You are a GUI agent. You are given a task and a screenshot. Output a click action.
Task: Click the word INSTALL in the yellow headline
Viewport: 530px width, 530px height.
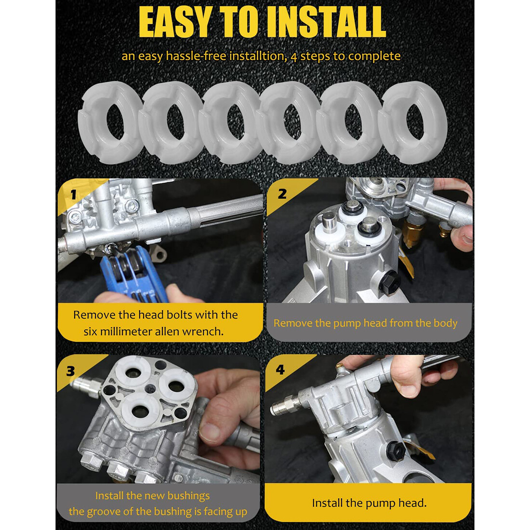click(326, 22)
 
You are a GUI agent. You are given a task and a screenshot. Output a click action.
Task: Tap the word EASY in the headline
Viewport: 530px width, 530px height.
click(176, 22)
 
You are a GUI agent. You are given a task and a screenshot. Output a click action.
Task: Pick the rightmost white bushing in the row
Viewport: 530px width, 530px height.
click(413, 122)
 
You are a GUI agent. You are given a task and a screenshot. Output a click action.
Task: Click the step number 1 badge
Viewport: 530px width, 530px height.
click(73, 194)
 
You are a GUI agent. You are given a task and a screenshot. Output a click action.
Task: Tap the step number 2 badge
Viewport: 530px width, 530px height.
click(282, 194)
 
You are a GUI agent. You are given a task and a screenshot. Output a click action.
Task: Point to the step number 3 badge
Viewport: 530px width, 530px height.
click(70, 371)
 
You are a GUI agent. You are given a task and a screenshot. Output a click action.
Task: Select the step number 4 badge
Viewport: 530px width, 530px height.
click(280, 370)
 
